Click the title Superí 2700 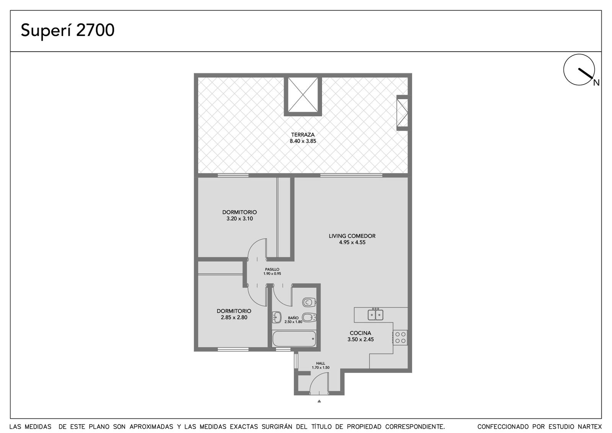point(67,30)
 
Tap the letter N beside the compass point(596,83)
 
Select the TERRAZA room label point(303,135)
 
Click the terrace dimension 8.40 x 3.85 point(303,141)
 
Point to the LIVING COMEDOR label point(352,236)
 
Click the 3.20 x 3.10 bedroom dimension point(239,219)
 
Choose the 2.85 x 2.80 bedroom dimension point(234,317)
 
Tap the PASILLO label point(272,270)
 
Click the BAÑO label point(293,318)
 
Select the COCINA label point(360,333)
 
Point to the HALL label point(321,363)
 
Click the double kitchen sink point(375,314)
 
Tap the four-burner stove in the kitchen point(400,337)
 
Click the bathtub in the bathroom point(294,339)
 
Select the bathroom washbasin point(277,317)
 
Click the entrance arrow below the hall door point(319,401)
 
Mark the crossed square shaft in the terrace point(303,95)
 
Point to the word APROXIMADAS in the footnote point(151,426)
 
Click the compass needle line point(586,73)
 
